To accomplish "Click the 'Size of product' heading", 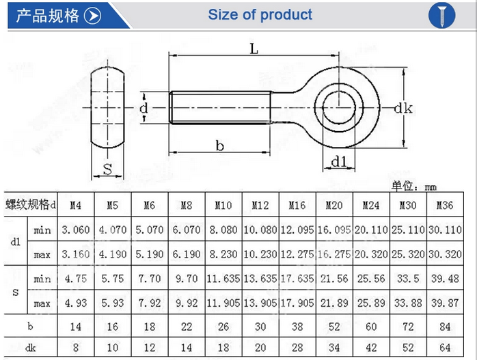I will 260,15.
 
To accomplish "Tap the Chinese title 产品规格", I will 48,16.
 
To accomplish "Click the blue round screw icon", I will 441,15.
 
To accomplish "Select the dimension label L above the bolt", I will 254,49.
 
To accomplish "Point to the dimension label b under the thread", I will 220,145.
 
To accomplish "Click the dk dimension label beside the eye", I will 403,108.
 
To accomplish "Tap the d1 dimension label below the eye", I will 340,161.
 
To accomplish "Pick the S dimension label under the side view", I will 107,169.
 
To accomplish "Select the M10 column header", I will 223,205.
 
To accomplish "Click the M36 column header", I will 444,205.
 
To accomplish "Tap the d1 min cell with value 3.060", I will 76,230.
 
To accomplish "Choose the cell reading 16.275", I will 334,254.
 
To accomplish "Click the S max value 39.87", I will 444,303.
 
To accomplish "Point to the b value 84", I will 444,327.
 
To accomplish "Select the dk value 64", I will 444,348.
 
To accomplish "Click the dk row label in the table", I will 31,348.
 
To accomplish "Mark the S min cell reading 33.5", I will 408,279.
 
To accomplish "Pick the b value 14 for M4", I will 76,327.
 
